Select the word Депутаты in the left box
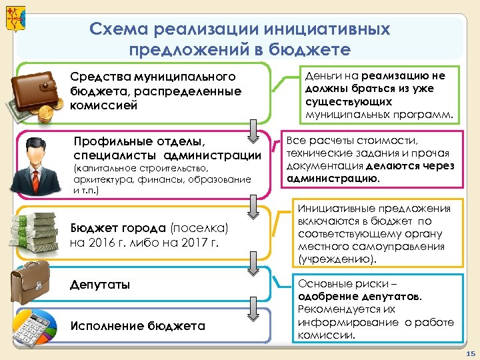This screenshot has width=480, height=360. click(x=100, y=285)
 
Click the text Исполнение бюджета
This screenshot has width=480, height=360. click(x=137, y=326)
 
